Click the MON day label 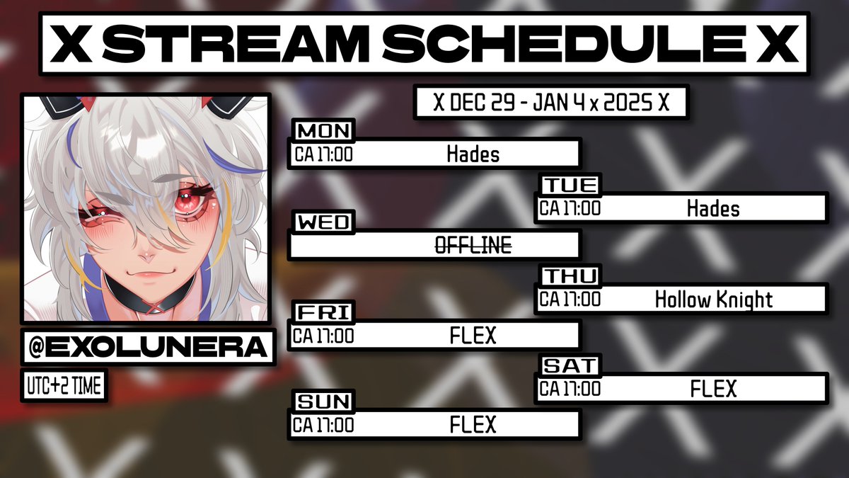pos(323,131)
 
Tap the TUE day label pos(571,186)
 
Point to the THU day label pos(570,275)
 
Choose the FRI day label pos(321,312)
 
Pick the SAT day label pos(570,366)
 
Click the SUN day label pos(323,402)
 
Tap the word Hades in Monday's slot pos(473,154)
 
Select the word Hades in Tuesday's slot pos(712,208)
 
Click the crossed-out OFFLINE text pos(473,245)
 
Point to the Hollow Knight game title pos(713,299)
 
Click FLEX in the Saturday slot pos(713,389)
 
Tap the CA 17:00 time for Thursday pos(570,299)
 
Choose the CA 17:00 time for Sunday pos(324,425)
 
